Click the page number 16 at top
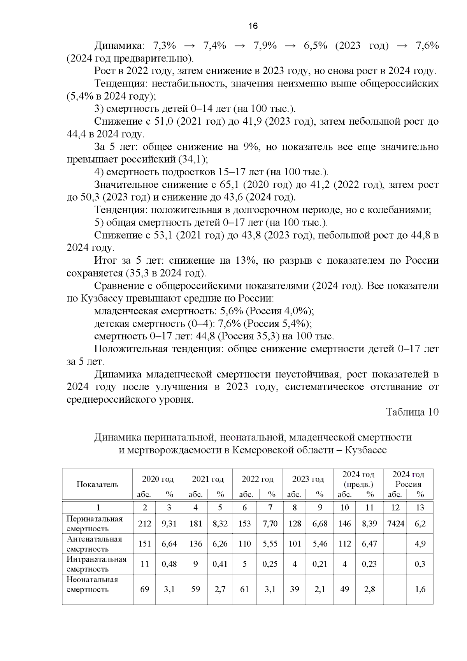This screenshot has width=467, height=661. click(253, 26)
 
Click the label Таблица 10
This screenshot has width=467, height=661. click(412, 412)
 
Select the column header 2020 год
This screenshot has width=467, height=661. click(158, 479)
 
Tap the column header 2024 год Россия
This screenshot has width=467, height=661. click(408, 479)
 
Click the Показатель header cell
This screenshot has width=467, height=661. click(97, 484)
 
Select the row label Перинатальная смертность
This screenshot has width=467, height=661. click(95, 524)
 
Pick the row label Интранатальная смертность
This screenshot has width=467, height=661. click(96, 564)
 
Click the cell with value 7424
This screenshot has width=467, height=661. click(395, 524)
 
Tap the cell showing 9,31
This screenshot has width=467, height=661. click(169, 524)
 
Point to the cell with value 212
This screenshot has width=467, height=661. click(144, 524)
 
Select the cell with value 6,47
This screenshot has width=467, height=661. click(369, 543)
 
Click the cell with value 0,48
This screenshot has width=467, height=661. click(169, 564)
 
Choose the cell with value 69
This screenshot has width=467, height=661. click(144, 589)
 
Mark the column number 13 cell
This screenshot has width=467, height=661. click(420, 507)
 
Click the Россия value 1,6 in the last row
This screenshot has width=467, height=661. click(420, 589)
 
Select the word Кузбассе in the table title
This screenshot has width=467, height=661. click(365, 450)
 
